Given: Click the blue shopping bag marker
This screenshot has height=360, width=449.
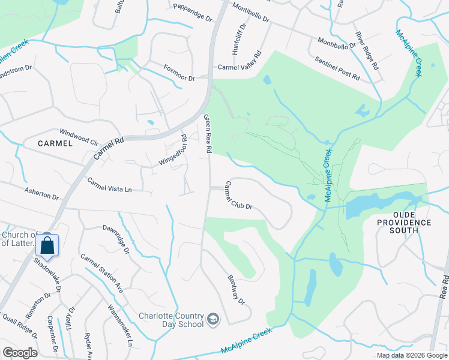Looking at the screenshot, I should [x=47, y=245].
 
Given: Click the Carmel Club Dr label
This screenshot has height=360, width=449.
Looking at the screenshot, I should [x=238, y=196].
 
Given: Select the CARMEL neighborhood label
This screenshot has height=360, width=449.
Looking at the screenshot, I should [x=55, y=143].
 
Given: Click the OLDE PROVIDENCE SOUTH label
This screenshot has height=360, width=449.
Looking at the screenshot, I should [x=413, y=222].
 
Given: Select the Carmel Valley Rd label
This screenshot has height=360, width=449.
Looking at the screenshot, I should [x=240, y=62].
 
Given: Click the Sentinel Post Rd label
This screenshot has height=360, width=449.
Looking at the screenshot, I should [x=337, y=69].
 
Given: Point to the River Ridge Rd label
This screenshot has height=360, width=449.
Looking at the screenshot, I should [x=367, y=51].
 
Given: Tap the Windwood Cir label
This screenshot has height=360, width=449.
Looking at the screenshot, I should [x=78, y=136].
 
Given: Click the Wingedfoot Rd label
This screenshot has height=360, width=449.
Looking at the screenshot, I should [x=173, y=151].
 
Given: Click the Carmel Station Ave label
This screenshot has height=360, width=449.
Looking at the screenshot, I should [x=102, y=273].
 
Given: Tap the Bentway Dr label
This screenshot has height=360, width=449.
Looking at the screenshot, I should [x=237, y=289].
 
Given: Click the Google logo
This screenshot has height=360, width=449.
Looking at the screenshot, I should [x=20, y=353].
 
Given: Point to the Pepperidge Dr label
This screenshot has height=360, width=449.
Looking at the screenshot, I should [x=193, y=13].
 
